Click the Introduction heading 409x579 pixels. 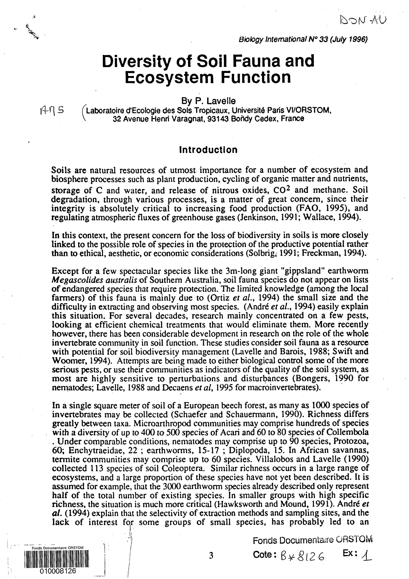coord(208,150)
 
